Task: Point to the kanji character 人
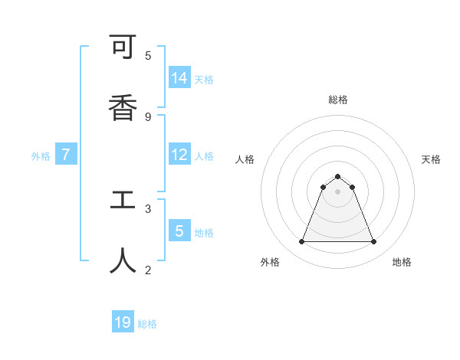(x=123, y=261)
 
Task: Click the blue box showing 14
(x=179, y=78)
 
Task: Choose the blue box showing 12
(x=179, y=155)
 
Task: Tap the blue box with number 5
(x=179, y=231)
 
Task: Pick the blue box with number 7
(x=66, y=155)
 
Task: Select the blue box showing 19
(x=123, y=322)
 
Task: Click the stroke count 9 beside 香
(x=148, y=116)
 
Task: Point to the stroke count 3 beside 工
(x=148, y=208)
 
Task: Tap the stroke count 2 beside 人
(x=148, y=270)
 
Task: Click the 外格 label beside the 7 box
(x=41, y=156)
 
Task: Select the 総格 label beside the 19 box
(x=147, y=324)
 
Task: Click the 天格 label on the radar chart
(x=431, y=159)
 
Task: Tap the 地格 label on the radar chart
(x=402, y=262)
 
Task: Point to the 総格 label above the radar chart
(x=338, y=100)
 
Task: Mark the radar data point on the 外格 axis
(x=301, y=242)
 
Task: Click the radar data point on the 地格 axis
(x=374, y=242)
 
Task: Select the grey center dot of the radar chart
(x=337, y=191)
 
